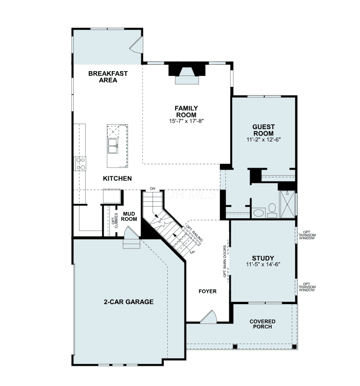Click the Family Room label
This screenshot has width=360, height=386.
pyautogui.click(x=186, y=112)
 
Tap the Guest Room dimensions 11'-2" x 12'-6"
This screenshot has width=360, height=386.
pyautogui.click(x=263, y=139)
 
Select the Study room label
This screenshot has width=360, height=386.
pyautogui.click(x=263, y=258)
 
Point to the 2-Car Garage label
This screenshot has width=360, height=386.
pyautogui.click(x=129, y=302)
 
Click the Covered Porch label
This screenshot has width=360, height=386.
pyautogui.click(x=262, y=324)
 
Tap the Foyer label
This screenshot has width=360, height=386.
pyautogui.click(x=207, y=291)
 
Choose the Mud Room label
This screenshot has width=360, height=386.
pyautogui.click(x=129, y=216)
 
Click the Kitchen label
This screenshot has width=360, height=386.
pyautogui.click(x=117, y=178)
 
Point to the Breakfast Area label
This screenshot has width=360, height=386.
pyautogui.click(x=108, y=77)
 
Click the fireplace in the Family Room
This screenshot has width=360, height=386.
pyautogui.click(x=187, y=74)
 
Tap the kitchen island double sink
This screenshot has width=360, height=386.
pyautogui.click(x=113, y=146)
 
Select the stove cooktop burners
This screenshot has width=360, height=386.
pyautogui.click(x=80, y=164)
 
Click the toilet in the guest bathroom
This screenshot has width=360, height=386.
pyautogui.click(x=272, y=211)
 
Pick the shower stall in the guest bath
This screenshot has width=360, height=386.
pyautogui.click(x=287, y=204)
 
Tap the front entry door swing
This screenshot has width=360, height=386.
pyautogui.click(x=208, y=317)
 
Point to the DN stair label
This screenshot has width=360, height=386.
pyautogui.click(x=153, y=189)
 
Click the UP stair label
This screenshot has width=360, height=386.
pyautogui.click(x=193, y=252)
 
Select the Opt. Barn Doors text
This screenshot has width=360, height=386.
pyautogui.click(x=225, y=261)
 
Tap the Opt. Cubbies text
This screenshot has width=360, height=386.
pyautogui.click(x=115, y=220)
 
